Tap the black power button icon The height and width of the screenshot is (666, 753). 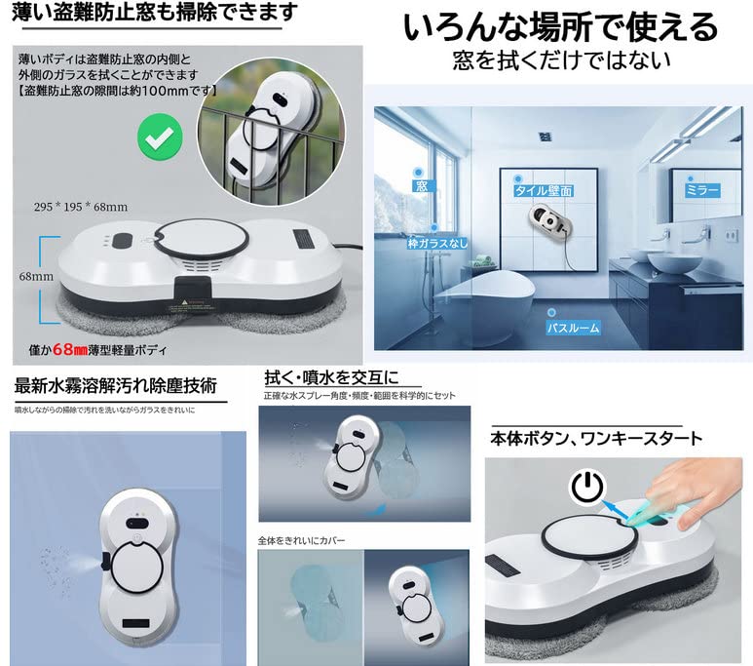coord(586,487)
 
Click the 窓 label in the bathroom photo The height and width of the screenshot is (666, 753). coord(422,183)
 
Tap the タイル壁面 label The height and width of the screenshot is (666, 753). coord(544,192)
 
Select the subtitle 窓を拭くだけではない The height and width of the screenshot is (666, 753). coord(561,61)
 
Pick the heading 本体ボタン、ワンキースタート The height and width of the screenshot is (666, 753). coord(595,439)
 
